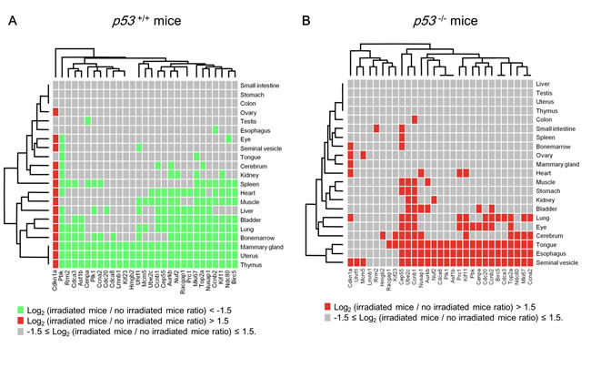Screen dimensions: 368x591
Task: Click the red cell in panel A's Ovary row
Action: tap(55, 111)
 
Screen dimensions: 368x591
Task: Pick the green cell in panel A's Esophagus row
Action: tap(215, 129)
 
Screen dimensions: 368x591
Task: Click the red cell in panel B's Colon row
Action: tap(402, 118)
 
